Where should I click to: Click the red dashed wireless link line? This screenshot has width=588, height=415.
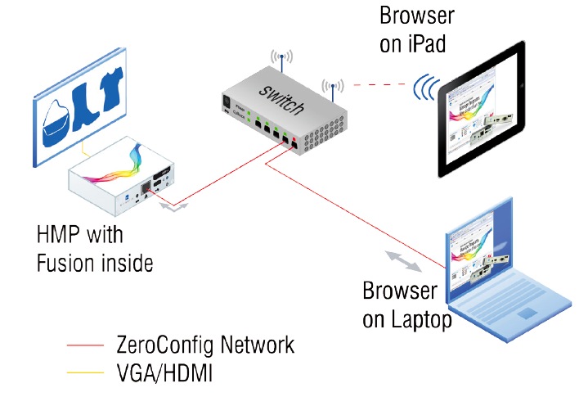click(379, 83)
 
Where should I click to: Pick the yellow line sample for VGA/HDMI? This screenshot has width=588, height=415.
click(85, 375)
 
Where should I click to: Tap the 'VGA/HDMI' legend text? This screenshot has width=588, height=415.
click(166, 374)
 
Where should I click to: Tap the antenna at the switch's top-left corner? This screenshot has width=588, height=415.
click(281, 61)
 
